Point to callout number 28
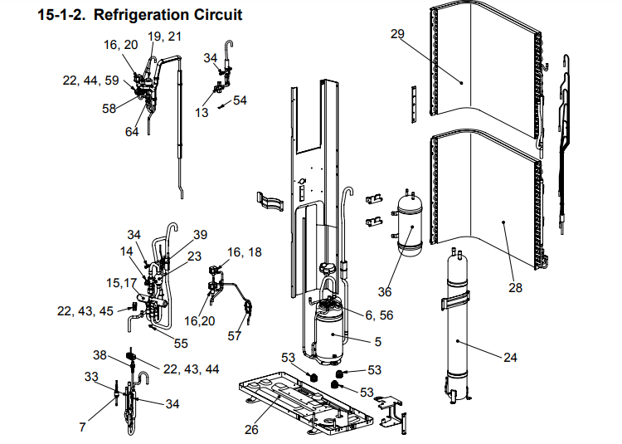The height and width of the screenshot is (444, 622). (517, 288)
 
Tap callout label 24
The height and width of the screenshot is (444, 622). (509, 358)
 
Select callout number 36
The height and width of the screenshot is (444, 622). (384, 292)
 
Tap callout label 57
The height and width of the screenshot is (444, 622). (234, 336)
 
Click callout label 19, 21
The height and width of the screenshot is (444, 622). (165, 37)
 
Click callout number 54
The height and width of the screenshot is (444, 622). (240, 100)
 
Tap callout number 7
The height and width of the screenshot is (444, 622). (82, 427)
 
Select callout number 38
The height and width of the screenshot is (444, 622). (100, 354)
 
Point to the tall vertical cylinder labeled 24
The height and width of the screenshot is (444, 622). (457, 324)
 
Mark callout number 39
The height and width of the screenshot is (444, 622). (200, 235)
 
